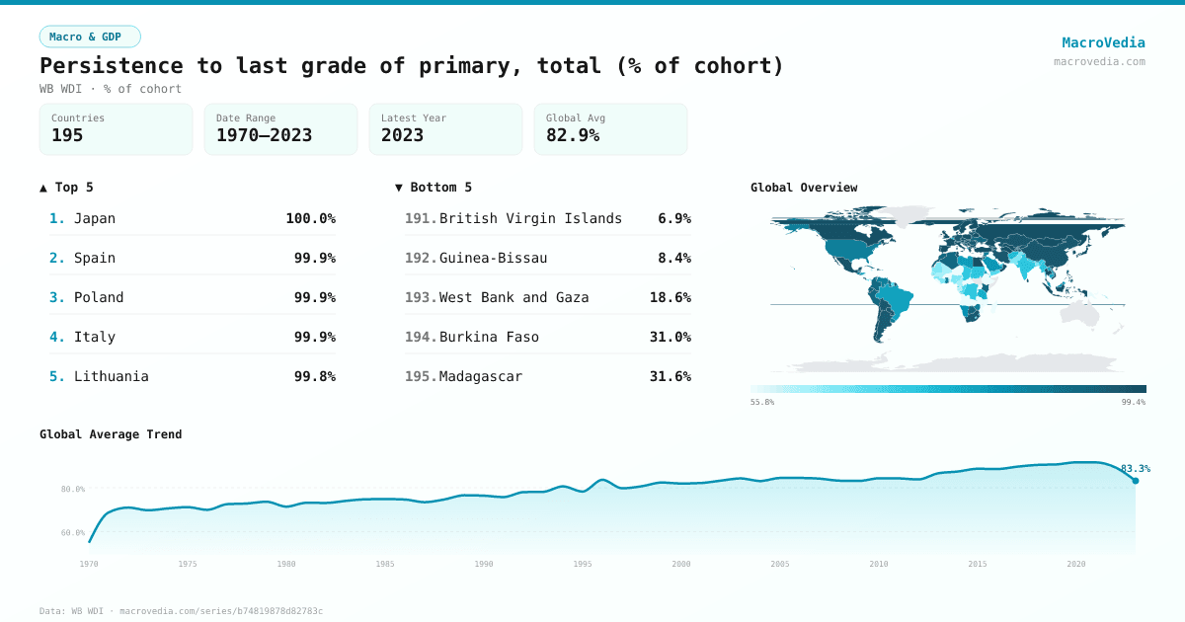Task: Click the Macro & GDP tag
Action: coord(90,37)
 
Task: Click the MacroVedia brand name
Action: coord(1103,42)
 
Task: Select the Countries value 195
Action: coord(67,135)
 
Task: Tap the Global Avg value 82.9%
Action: coord(573,135)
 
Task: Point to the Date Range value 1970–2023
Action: coord(264,135)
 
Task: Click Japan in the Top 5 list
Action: coord(95,218)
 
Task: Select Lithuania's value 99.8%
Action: coord(314,376)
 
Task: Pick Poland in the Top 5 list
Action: coord(99,297)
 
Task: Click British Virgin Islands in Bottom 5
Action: coord(530,218)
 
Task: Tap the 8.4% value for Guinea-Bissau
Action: coord(674,258)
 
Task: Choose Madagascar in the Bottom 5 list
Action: coord(481,376)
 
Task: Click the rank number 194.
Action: coord(420,337)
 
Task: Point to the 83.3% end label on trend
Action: coord(1135,469)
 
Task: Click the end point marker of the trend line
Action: coord(1135,481)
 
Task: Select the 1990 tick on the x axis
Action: coord(484,564)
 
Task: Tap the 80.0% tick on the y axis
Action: coord(73,489)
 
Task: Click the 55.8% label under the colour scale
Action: coord(762,402)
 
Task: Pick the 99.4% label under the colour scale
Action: coord(1133,402)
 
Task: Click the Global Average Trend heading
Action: coord(111,434)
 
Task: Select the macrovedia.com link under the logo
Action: coord(1099,61)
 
